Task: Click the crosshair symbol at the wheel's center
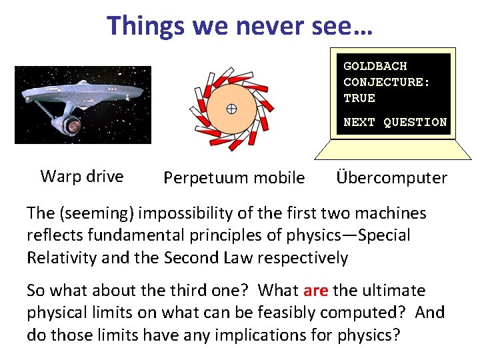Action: pyautogui.click(x=231, y=109)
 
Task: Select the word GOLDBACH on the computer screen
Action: pyautogui.click(x=375, y=66)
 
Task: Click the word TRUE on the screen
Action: pyautogui.click(x=359, y=98)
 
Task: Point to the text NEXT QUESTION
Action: pyautogui.click(x=395, y=122)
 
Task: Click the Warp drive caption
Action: pyautogui.click(x=82, y=177)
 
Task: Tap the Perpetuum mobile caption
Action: pyautogui.click(x=234, y=178)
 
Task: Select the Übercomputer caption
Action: pyautogui.click(x=391, y=178)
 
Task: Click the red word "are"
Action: pyautogui.click(x=315, y=291)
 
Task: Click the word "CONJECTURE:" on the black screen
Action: pyautogui.click(x=387, y=82)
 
